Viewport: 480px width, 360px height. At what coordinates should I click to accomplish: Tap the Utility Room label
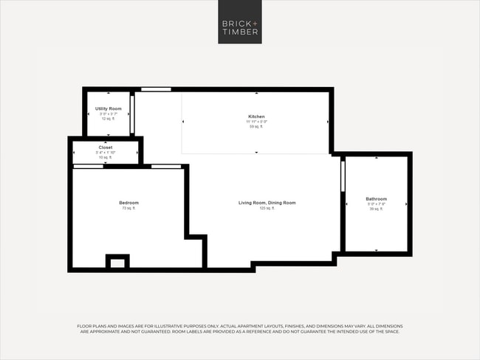[x=107, y=109]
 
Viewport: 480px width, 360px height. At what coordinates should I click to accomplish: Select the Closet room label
[x=106, y=148]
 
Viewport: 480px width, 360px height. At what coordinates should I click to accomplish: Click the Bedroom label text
[x=128, y=203]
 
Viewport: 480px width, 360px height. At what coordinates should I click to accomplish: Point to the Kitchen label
[x=256, y=117]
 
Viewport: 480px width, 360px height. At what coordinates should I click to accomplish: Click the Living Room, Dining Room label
[x=267, y=203]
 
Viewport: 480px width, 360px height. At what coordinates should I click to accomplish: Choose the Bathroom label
[x=376, y=198]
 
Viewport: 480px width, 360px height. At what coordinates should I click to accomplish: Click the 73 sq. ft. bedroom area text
[x=128, y=209]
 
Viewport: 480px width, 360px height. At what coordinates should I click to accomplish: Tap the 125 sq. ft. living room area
[x=267, y=209]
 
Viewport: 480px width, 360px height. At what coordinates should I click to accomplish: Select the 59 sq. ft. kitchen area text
[x=256, y=127]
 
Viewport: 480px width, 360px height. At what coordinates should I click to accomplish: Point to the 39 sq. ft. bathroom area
[x=376, y=209]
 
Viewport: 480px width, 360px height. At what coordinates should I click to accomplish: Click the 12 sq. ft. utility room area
[x=107, y=119]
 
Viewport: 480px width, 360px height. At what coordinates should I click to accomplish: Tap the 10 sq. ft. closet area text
[x=106, y=158]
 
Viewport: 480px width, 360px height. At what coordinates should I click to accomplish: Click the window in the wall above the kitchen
[x=156, y=89]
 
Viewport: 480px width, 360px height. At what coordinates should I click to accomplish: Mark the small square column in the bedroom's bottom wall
[x=117, y=262]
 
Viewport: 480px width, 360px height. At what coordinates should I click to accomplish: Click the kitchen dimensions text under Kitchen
[x=256, y=122]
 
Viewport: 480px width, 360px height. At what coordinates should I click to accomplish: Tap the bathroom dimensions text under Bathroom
[x=376, y=204]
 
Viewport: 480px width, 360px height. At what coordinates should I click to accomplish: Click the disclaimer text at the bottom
[x=240, y=329]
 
